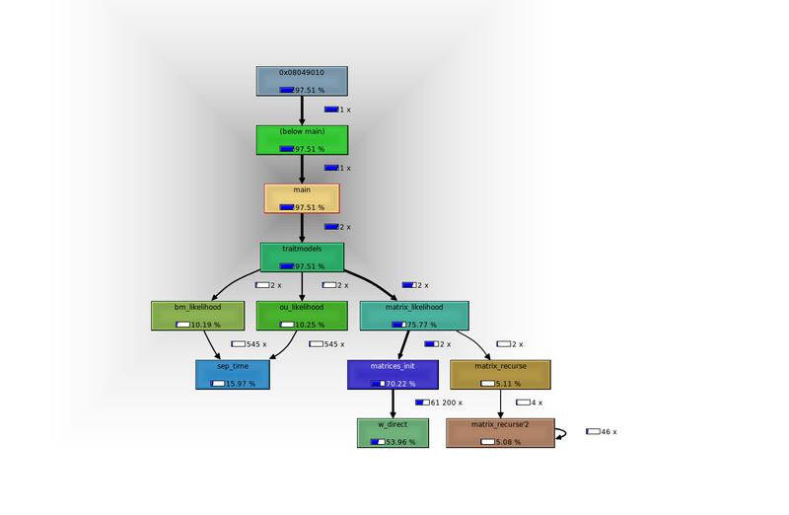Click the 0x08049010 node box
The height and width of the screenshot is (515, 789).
302,81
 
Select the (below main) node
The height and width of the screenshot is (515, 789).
302,139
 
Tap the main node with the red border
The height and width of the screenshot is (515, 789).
302,197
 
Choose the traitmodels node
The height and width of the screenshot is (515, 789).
302,257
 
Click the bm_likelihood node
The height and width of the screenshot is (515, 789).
197,315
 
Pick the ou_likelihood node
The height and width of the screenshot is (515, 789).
301,315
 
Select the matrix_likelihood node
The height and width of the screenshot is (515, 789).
413,315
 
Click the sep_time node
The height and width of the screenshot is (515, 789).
233,374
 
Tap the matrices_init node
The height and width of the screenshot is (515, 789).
393,374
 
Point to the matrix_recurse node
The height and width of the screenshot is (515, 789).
500,374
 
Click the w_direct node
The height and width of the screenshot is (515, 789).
393,432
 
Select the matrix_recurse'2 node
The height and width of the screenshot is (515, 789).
500,432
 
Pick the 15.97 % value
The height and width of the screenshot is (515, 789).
240,384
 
